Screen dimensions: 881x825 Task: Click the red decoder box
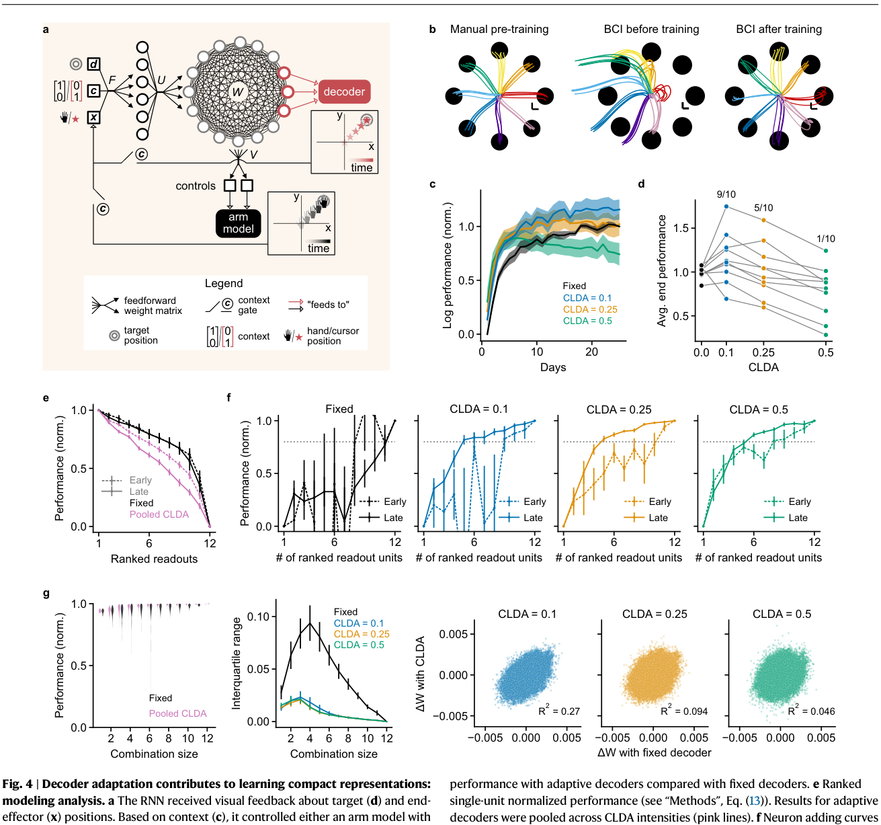click(x=344, y=91)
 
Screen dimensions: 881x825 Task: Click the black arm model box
click(x=238, y=223)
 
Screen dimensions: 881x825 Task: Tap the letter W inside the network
click(x=238, y=92)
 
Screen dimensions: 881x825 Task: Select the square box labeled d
click(x=93, y=65)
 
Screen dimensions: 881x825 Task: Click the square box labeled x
click(x=93, y=118)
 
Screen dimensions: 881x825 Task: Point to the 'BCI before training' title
click(x=651, y=30)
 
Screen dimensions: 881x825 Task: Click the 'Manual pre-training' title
click(x=499, y=30)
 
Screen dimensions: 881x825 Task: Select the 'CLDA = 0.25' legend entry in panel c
click(x=590, y=309)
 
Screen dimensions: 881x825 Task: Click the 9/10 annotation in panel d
click(x=726, y=194)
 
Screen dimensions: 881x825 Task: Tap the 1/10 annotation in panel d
click(x=825, y=239)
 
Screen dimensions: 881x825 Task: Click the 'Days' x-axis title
click(x=553, y=367)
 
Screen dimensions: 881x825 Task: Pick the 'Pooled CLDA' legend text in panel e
click(x=159, y=514)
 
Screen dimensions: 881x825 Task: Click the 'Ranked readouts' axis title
click(x=154, y=559)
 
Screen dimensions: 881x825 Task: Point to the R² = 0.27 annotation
click(x=559, y=711)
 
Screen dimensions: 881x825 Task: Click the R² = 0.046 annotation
click(x=811, y=711)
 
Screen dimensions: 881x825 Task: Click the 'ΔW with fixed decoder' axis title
click(x=654, y=752)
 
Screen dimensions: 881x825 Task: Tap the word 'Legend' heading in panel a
click(x=224, y=283)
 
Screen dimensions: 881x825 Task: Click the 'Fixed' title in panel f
click(x=339, y=409)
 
